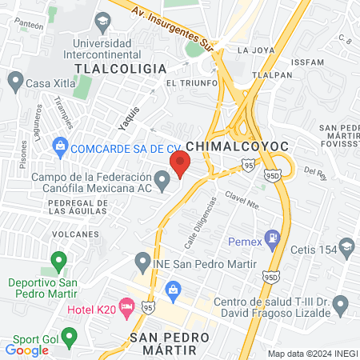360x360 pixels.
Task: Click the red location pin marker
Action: click(180, 164)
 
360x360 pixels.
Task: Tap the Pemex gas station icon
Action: click(274, 237)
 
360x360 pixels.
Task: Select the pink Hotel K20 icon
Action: click(126, 306)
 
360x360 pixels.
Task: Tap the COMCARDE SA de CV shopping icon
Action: click(58, 147)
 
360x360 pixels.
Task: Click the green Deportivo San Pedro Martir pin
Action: click(58, 261)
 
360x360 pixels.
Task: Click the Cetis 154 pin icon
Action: click(346, 245)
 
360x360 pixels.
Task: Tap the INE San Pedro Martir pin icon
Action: click(142, 262)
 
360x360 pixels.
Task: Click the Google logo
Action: click(26, 350)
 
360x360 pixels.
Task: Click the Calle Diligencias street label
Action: click(201, 222)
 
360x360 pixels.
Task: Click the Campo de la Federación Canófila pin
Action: click(163, 184)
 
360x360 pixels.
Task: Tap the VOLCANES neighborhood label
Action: click(74, 234)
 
